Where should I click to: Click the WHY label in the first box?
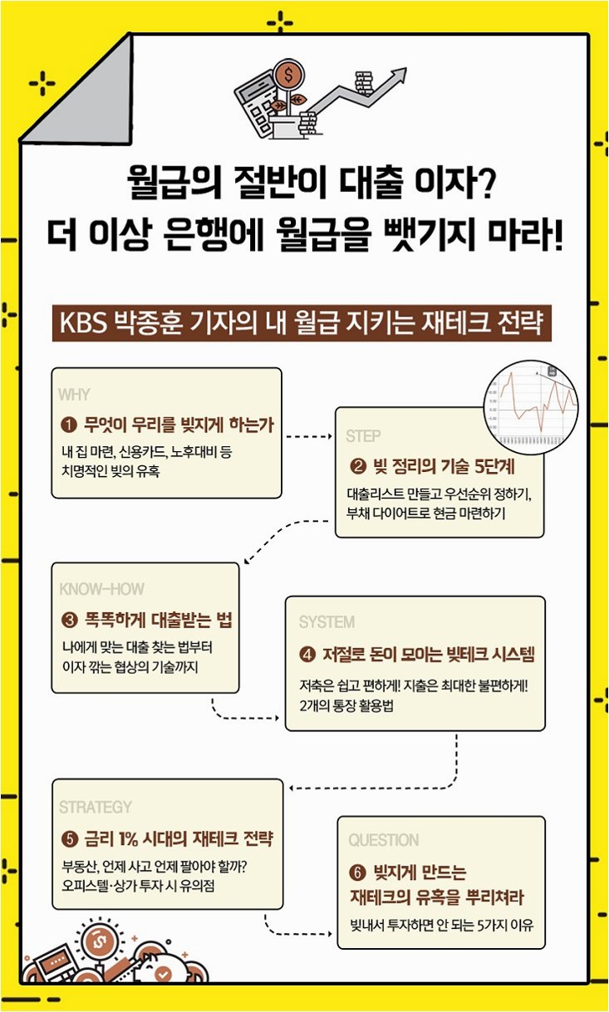pos(75,395)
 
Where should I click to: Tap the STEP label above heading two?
pos(363,436)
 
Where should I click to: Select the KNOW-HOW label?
pos(101,589)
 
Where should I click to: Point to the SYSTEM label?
pos(327,622)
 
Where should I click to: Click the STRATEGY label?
pos(96,807)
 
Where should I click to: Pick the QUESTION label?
pos(384,840)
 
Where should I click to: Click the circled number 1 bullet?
pos(70,425)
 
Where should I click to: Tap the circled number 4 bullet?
pos(307,656)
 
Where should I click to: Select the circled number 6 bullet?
pos(357,873)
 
